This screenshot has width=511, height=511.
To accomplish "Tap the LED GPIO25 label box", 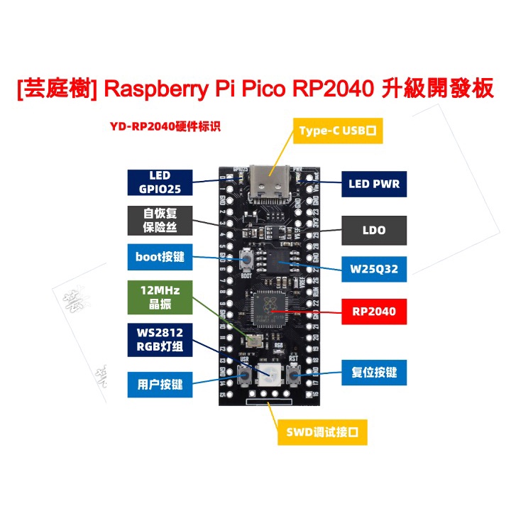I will tap(159, 182).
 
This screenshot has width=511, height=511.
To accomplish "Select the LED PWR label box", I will tap(374, 184).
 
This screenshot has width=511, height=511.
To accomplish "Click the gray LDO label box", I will tap(374, 230).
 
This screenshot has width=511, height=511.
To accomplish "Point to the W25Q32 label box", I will tap(374, 270).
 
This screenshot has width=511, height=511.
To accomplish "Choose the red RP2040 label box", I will tap(374, 310).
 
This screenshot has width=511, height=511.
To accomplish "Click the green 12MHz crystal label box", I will tap(159, 298).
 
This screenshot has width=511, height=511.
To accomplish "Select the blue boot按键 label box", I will tap(159, 257).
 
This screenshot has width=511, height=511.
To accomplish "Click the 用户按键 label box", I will tap(159, 384).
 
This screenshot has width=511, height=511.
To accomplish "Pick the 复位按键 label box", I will tap(374, 372).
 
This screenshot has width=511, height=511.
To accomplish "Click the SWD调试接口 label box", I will tap(323, 431).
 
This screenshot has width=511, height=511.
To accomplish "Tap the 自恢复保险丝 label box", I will tap(159, 220).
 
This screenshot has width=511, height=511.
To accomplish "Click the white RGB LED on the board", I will tap(270, 374).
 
